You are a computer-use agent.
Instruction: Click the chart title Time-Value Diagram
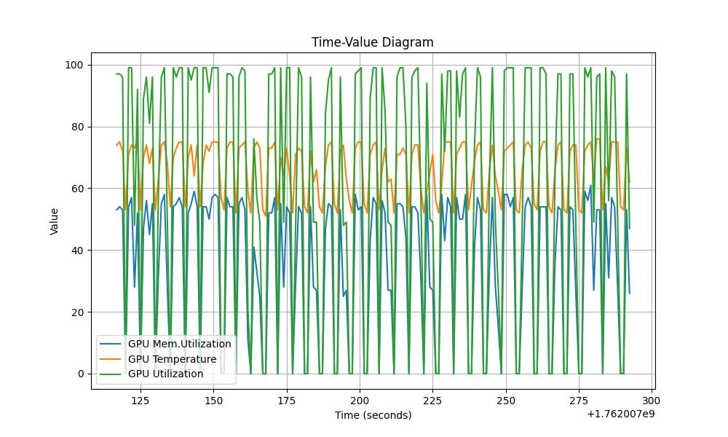point(372,42)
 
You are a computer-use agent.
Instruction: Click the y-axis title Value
point(54,221)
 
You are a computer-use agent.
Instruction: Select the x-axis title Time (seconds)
point(373,415)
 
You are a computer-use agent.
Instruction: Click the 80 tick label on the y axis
point(75,127)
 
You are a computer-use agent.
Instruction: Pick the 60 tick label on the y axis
point(75,189)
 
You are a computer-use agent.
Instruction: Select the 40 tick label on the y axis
point(75,251)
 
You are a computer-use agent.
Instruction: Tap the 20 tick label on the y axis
point(75,312)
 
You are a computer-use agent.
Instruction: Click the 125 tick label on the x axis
point(141,401)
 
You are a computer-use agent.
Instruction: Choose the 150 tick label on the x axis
point(213,401)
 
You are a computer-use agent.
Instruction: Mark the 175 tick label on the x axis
point(287,401)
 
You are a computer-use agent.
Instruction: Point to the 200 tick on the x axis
point(360,401)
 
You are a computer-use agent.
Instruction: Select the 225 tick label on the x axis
point(433,401)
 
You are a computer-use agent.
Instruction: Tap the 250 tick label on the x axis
point(506,401)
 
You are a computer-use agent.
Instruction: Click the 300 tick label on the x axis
point(652,401)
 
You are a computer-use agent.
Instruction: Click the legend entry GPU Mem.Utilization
point(179,344)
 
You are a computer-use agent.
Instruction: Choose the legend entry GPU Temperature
point(172,359)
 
